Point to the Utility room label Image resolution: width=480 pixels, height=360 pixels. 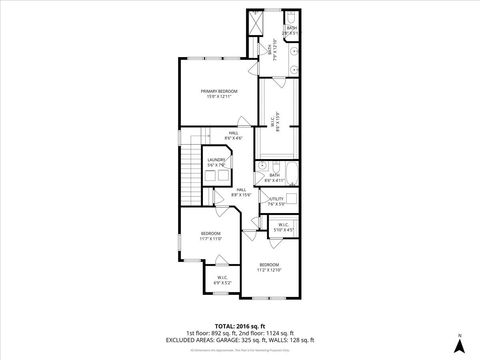276,201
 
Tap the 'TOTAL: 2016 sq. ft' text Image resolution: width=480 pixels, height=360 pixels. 239,326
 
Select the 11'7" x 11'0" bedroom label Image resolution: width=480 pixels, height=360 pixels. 211,237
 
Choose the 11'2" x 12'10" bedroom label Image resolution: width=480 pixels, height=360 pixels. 270,267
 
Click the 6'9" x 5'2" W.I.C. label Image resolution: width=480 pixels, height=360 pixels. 222,281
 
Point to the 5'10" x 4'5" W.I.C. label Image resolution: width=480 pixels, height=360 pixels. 283,227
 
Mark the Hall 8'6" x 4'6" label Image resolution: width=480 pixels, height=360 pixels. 232,136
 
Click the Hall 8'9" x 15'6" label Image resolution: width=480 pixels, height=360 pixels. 241,191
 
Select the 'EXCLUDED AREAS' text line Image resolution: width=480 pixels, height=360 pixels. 239,340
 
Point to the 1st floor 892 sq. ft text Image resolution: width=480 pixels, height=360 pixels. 215,333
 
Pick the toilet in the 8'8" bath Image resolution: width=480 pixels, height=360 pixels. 262,170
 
